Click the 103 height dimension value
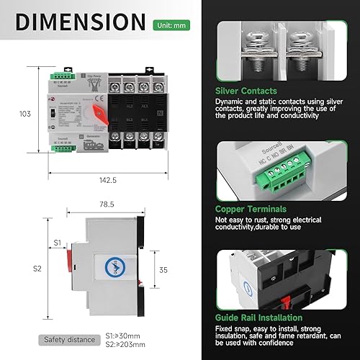coord(26,114)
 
